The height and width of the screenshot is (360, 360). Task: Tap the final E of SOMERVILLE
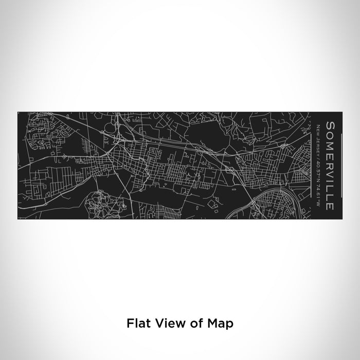331,193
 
